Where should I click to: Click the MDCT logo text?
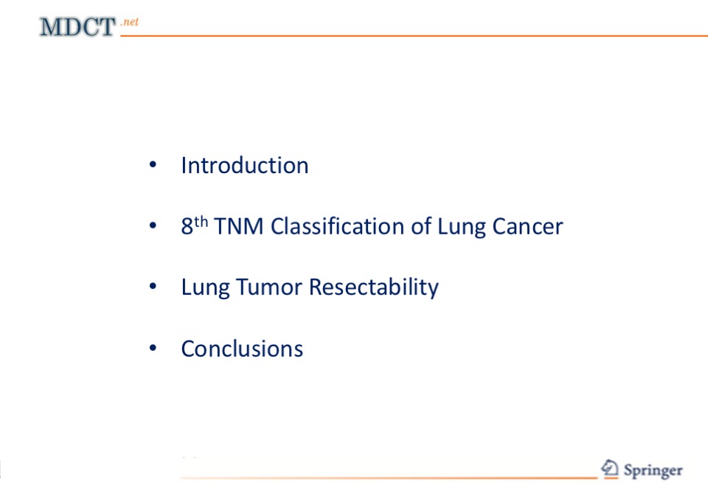[x=77, y=27]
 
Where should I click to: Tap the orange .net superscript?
[x=130, y=21]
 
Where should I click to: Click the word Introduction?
[x=245, y=165]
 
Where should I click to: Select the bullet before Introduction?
[x=153, y=165]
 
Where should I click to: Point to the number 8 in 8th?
[x=187, y=226]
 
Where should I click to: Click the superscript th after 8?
[x=201, y=222]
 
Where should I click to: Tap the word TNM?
[x=238, y=226]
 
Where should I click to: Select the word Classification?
[x=337, y=226]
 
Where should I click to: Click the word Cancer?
[x=527, y=226]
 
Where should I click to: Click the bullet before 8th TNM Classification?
[x=153, y=225]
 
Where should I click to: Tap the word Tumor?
[x=269, y=287]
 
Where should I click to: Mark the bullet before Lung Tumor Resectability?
[x=153, y=286]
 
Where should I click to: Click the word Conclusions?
[x=242, y=349]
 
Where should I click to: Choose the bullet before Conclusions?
[x=153, y=348]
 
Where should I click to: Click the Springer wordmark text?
[x=653, y=471]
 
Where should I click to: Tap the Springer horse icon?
[x=610, y=469]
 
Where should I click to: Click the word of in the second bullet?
[x=421, y=226]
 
